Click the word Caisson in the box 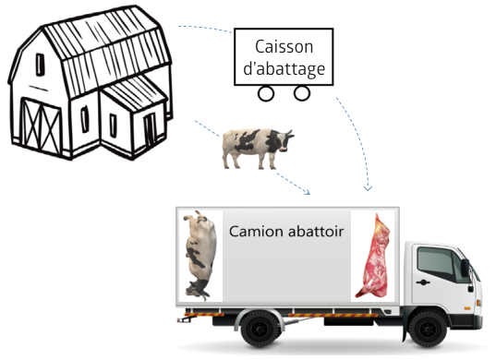coord(284,47)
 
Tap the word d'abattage coord(284,68)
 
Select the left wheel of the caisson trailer coord(266,93)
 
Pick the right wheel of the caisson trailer coord(302,93)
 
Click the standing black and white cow coord(257,148)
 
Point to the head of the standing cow coord(284,141)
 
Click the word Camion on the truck coord(256,232)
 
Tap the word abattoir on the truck coord(315,232)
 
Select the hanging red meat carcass coord(373,256)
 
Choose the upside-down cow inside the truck coord(200,256)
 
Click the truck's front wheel coord(428,329)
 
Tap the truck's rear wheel coord(260,329)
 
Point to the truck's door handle coord(423,282)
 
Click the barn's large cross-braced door coord(41,126)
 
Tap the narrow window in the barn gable coord(40,65)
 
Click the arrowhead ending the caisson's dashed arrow coord(368,188)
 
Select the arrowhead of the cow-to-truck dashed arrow coord(308,192)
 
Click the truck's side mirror coord(465,268)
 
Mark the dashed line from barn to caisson coord(206,28)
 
